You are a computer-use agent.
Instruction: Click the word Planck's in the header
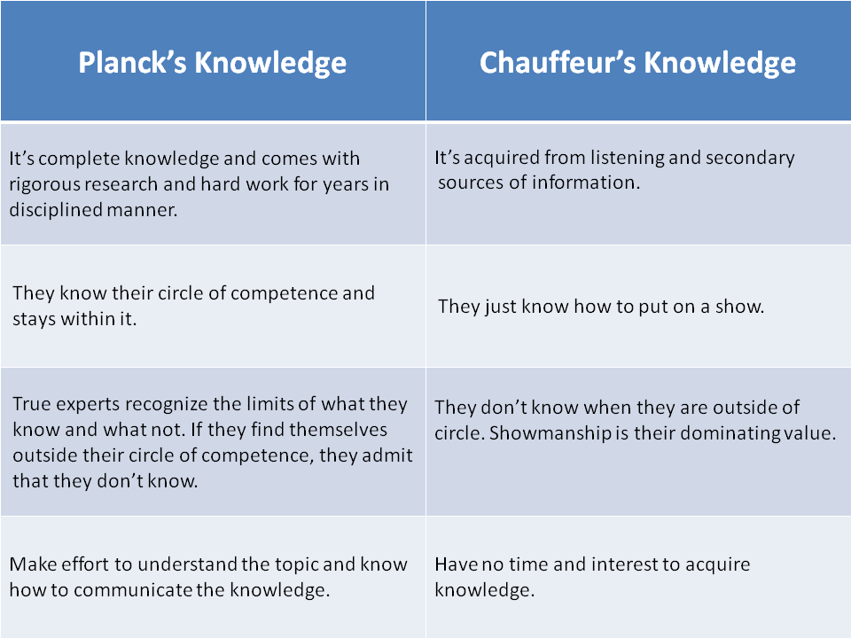coord(131,63)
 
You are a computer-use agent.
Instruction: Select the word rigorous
coord(44,184)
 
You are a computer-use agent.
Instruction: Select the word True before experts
coord(30,404)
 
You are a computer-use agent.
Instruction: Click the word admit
coord(389,455)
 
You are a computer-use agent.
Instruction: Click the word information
coord(594,183)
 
